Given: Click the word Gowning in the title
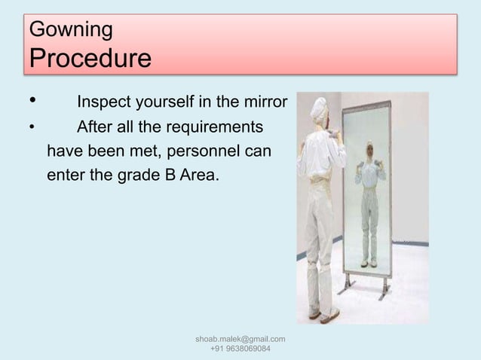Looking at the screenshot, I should point(70,30).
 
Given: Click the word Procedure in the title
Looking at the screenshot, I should point(89,57).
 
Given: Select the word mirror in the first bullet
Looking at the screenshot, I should point(264,101).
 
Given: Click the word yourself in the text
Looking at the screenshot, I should point(164,101).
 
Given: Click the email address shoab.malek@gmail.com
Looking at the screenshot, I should point(240,341).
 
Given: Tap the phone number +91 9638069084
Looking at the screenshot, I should point(240,352).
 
